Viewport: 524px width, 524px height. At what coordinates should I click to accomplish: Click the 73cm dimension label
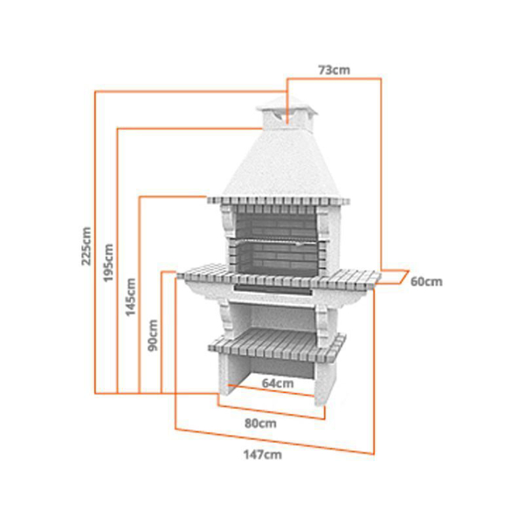coord(334,70)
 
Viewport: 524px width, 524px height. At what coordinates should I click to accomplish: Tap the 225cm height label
coord(86,246)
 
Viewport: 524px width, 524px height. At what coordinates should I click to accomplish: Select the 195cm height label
coord(108,262)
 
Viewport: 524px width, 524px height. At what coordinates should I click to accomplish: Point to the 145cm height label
coord(130,297)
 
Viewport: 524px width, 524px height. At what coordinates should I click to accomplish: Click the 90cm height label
coord(153,335)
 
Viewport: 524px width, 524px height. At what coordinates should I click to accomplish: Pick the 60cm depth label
coord(426,282)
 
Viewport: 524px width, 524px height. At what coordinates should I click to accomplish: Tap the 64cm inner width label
coord(278,383)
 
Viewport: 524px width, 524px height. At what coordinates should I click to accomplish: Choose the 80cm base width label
coord(260,424)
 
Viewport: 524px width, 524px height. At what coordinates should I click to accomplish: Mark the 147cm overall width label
coord(262,455)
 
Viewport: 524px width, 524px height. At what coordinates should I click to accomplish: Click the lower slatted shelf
coord(277,345)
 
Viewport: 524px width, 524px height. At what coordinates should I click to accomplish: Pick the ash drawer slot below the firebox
coord(273,289)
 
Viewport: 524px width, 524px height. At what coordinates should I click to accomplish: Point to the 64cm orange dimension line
coord(271,390)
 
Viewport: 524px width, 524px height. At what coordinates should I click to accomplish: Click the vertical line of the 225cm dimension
coord(95,242)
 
